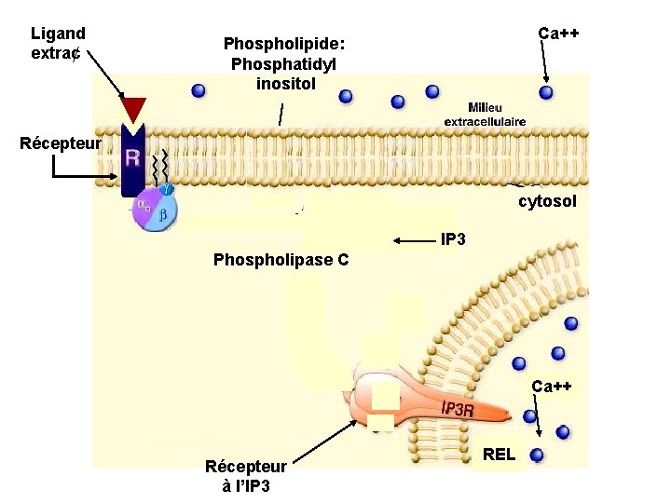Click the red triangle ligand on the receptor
click(134, 109)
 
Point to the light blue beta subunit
click(162, 215)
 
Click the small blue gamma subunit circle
click(167, 190)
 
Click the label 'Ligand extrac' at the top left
click(59, 43)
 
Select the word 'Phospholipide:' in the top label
click(284, 44)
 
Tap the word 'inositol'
click(286, 84)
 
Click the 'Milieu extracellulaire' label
click(484, 115)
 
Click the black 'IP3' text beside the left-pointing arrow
click(452, 240)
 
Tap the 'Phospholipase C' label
click(281, 260)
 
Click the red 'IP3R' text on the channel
click(459, 409)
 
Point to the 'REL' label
click(500, 455)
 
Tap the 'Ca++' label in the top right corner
click(558, 34)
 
